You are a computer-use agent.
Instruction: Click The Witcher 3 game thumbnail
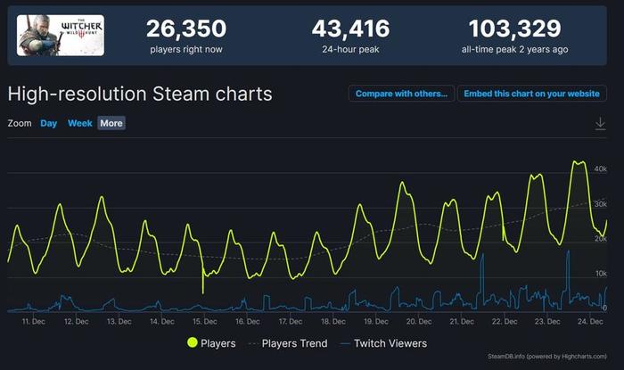tap(61, 36)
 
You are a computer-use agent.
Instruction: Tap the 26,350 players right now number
tap(186, 29)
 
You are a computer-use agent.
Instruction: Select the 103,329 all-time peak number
tap(514, 29)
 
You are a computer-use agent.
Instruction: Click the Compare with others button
tap(401, 94)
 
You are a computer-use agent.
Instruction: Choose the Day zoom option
tap(48, 123)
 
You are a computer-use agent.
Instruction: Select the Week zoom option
tap(80, 123)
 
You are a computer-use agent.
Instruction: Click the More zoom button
tap(111, 123)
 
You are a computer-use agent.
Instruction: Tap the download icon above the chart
tap(600, 124)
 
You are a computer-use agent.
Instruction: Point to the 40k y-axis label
tap(600, 169)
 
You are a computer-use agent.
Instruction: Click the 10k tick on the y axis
tap(600, 274)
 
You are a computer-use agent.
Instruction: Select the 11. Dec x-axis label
tap(33, 321)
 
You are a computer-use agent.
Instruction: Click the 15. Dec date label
tap(203, 321)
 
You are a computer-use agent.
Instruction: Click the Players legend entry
tap(211, 343)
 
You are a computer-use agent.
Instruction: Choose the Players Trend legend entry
tap(283, 343)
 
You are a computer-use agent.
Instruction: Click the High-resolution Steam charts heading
tap(140, 94)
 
